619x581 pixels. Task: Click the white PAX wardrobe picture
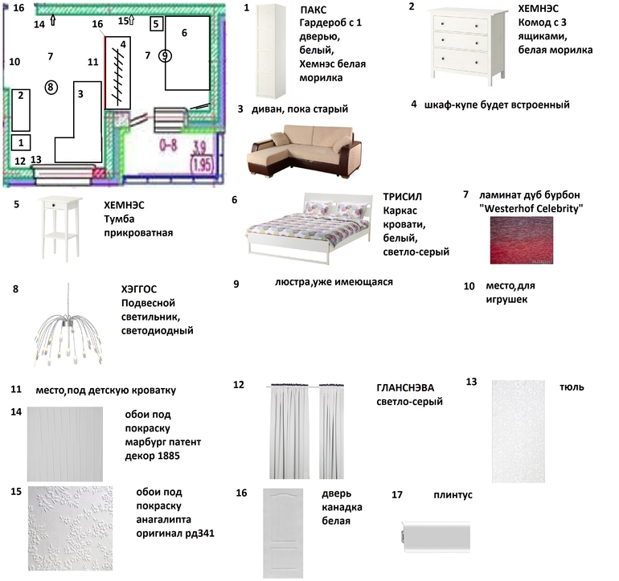coord(271,51)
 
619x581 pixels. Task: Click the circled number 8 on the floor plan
coord(51,86)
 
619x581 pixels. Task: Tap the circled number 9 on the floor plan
coord(165,55)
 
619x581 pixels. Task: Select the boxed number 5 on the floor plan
coord(155,24)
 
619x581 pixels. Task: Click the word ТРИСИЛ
coord(404,197)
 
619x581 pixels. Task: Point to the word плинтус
coord(453,495)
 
